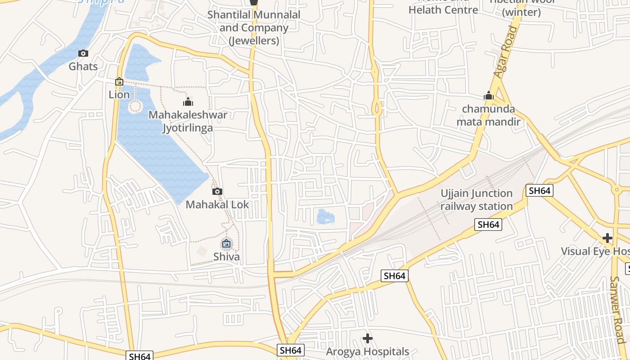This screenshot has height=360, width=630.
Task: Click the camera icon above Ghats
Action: coord(83,54)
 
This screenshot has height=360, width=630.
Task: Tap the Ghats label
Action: coord(83,67)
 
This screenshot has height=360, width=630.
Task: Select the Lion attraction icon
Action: coord(119,81)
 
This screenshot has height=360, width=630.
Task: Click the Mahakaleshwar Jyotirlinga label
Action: coord(188,121)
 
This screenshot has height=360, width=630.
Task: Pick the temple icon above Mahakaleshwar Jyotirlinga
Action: coord(188,102)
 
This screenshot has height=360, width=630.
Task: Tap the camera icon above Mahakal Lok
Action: coord(217,192)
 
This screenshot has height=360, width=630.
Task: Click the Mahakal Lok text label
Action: coord(217,205)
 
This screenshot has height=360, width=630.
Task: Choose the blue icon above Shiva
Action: coord(226,244)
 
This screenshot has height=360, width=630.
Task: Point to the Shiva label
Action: coord(226,257)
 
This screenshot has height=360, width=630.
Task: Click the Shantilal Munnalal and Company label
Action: coord(254,27)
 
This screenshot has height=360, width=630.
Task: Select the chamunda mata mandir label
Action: coord(488,115)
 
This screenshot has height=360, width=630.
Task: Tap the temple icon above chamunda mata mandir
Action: coord(489,95)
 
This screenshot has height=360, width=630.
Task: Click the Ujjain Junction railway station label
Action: coord(477,200)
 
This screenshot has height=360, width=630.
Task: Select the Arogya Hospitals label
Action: coord(368,351)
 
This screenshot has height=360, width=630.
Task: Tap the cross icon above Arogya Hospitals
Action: coord(368,338)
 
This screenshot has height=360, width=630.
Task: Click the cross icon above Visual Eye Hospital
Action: coord(607,238)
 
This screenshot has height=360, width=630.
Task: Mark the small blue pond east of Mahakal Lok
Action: coord(325,216)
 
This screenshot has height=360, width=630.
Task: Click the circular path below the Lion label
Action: coord(135,107)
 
